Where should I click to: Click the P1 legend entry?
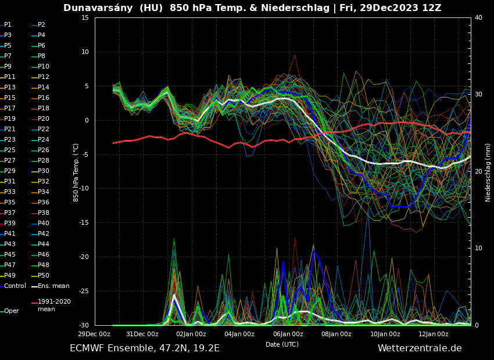(x=8, y=25)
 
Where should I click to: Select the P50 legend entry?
(x=44, y=275)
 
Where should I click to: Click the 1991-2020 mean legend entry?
(x=54, y=305)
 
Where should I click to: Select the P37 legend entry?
(x=10, y=213)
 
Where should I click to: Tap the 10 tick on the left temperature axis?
(x=85, y=52)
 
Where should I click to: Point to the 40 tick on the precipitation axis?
(x=478, y=17)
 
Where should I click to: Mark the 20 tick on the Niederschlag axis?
(x=478, y=171)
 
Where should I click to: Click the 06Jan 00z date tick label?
(x=288, y=334)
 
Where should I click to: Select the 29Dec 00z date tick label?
(x=94, y=334)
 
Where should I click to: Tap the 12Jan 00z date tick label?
(x=434, y=334)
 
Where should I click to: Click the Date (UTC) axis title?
(x=282, y=344)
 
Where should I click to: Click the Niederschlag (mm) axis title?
(x=488, y=172)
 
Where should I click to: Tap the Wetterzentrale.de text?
(x=420, y=348)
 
